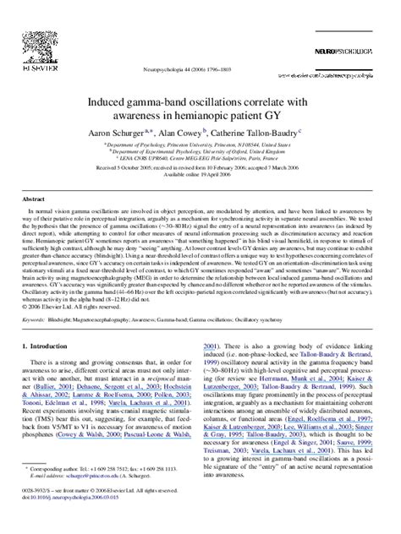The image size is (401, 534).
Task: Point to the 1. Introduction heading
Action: click(x=59, y=369)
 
